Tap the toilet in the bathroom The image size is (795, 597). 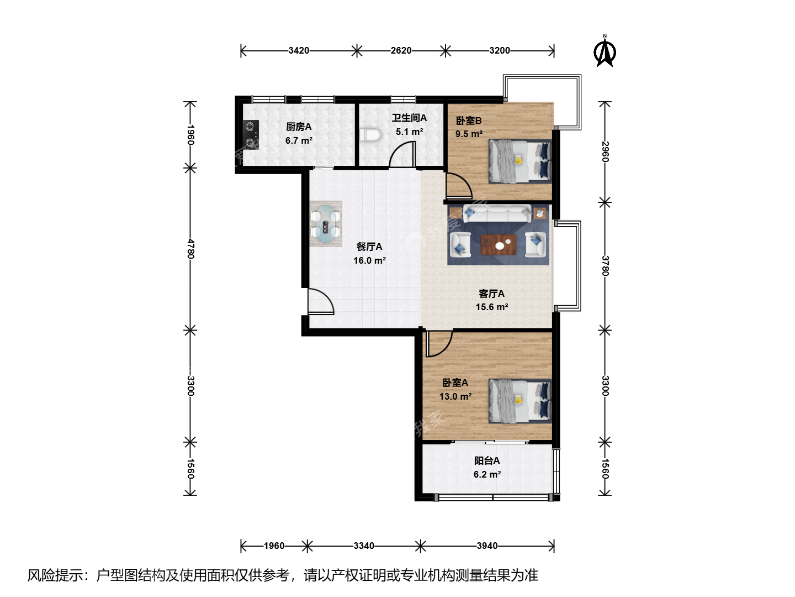tap(370, 135)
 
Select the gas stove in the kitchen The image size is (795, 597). tap(251, 135)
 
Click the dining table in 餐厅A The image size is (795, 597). tap(326, 224)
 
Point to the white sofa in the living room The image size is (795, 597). tap(497, 213)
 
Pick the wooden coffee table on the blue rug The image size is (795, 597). tap(498, 244)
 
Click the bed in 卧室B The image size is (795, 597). tap(520, 161)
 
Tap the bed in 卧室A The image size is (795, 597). tap(520, 401)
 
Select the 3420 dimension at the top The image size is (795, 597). tap(299, 50)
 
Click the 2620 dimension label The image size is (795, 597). tap(401, 50)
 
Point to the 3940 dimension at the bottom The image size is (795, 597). tap(487, 546)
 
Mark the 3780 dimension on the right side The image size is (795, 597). tap(605, 266)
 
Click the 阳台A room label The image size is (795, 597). tap(487, 460)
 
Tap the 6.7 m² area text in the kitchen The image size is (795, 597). tap(299, 140)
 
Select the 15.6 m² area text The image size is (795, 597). tap(491, 307)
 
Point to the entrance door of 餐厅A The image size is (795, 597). tap(321, 301)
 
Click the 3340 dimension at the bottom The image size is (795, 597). tap(364, 546)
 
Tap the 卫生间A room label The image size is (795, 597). tap(409, 118)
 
